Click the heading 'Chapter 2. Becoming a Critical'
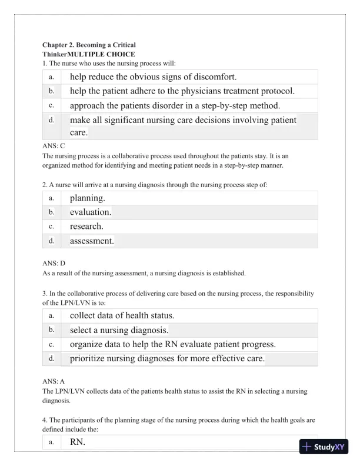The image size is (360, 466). (89, 45)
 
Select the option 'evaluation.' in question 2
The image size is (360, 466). (91, 212)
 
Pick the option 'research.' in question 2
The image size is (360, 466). (86, 226)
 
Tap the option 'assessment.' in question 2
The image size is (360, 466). (92, 241)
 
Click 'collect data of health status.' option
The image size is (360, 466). (122, 315)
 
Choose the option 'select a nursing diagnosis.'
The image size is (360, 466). (119, 330)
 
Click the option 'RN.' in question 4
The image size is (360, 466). (78, 442)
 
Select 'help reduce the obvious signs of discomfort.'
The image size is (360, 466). (153, 76)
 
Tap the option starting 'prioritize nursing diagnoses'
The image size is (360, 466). (167, 358)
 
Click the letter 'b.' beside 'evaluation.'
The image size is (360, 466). (52, 212)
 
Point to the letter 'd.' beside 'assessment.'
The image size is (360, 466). (52, 241)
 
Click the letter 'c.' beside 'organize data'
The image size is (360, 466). (52, 344)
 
